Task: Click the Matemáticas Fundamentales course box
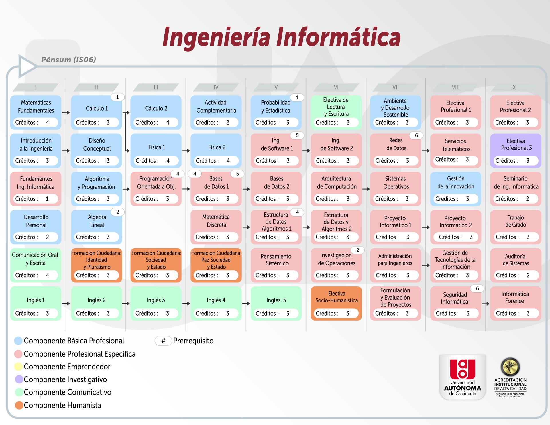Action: click(36, 113)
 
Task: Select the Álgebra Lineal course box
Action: click(97, 227)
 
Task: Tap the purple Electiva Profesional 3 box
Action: click(516, 151)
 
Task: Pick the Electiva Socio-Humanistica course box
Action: click(336, 304)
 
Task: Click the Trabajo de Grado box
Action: click(516, 227)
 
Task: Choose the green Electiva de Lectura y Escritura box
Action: click(336, 113)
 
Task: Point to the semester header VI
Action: click(336, 87)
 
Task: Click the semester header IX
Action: click(513, 87)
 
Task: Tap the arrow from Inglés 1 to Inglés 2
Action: click(66, 304)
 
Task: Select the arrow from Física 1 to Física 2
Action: click(186, 151)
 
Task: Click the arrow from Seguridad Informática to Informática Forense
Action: click(486, 304)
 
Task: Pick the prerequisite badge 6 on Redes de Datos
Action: click(416, 135)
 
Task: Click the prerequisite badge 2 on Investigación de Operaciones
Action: click(357, 250)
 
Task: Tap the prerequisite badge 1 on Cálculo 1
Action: click(117, 97)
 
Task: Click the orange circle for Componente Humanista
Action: click(19, 405)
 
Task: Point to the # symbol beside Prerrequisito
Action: click(163, 341)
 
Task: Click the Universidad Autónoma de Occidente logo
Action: click(463, 377)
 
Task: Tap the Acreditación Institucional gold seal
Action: click(510, 367)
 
